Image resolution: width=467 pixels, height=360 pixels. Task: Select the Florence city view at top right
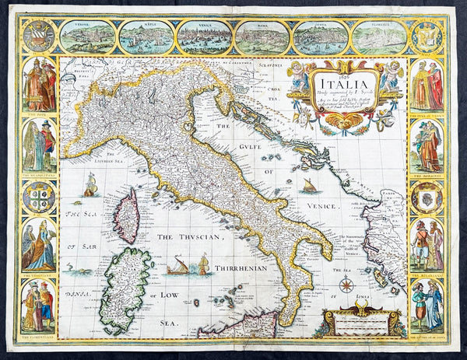tap(379, 37)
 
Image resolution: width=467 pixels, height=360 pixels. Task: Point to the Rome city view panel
tap(263, 37)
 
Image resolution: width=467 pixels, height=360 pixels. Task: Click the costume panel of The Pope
tap(38, 87)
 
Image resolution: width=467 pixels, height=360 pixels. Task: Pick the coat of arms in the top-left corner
tap(38, 37)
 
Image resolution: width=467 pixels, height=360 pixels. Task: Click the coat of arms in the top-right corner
tap(427, 37)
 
